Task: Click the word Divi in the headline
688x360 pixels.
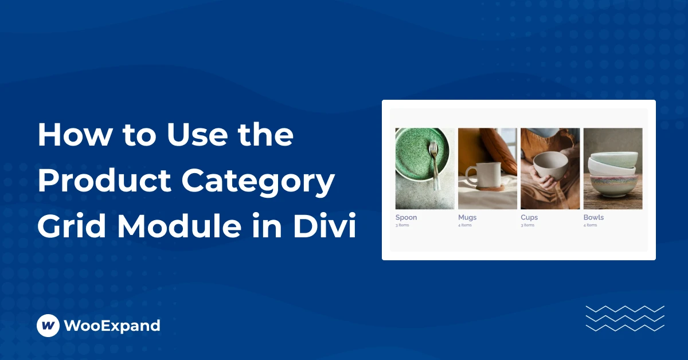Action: (x=325, y=226)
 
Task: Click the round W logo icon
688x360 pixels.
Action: (x=48, y=325)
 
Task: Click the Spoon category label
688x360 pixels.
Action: (x=406, y=217)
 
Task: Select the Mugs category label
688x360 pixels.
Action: (x=467, y=217)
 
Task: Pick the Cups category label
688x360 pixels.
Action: (x=529, y=217)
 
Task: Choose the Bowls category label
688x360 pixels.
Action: (x=593, y=217)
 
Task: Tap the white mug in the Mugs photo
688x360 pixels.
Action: (x=483, y=174)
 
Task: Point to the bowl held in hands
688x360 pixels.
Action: (x=550, y=165)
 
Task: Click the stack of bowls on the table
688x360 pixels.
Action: (x=613, y=174)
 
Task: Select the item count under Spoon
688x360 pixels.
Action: (x=402, y=225)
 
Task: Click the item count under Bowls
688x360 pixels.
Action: (x=590, y=225)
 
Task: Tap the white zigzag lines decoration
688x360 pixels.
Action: (x=625, y=319)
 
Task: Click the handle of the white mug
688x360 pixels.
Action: (x=470, y=175)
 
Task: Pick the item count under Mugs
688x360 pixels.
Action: (x=465, y=225)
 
